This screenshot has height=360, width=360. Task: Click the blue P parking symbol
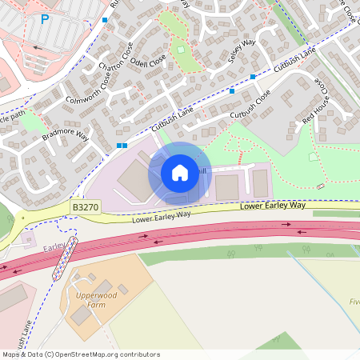click(43, 18)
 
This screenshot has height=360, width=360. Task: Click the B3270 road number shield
click(86, 206)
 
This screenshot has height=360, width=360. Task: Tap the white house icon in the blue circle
click(180, 173)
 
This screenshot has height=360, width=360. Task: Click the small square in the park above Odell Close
click(181, 50)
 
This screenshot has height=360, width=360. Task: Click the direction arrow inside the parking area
click(38, 48)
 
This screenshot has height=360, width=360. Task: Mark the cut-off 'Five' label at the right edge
click(354, 302)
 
